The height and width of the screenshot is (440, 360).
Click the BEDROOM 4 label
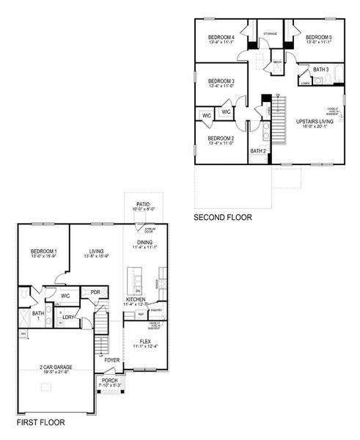pos(221,37)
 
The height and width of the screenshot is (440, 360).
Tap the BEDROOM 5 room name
pos(319,37)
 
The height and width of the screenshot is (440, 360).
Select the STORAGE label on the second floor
pos(271,33)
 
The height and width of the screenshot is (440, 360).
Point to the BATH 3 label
pos(321,70)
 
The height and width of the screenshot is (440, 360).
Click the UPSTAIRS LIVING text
pos(315,121)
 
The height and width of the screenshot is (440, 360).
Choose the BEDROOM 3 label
pos(221,81)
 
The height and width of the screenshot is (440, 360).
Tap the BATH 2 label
pos(257,151)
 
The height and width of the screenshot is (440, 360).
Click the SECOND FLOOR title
pos(222,218)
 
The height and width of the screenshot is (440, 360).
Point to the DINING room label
pos(145,242)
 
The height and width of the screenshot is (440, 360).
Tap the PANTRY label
pos(155,310)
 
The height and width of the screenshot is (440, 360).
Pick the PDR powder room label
pos(95,292)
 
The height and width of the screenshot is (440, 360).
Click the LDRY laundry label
pos(69,317)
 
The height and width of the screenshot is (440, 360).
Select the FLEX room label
pos(145,341)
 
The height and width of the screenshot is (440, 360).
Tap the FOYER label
pos(111,360)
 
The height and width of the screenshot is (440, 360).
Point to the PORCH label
pos(109,380)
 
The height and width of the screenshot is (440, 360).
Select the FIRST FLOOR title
pos(40,423)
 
